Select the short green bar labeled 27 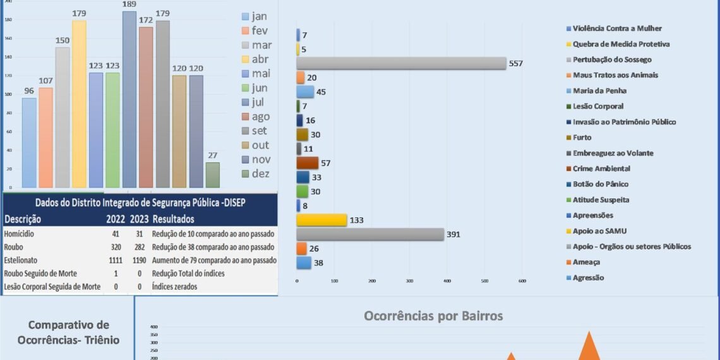coord(213,175)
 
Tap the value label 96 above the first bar coord(29,90)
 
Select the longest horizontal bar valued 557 coord(402,63)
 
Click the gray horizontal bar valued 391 coord(370,234)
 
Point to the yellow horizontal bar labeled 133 coord(321,220)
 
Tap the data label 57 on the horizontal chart coord(326,163)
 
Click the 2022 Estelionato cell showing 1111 coord(116,260)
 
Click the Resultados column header coord(173,219)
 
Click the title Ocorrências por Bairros coord(433,316)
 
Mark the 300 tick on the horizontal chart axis coord(409,280)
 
